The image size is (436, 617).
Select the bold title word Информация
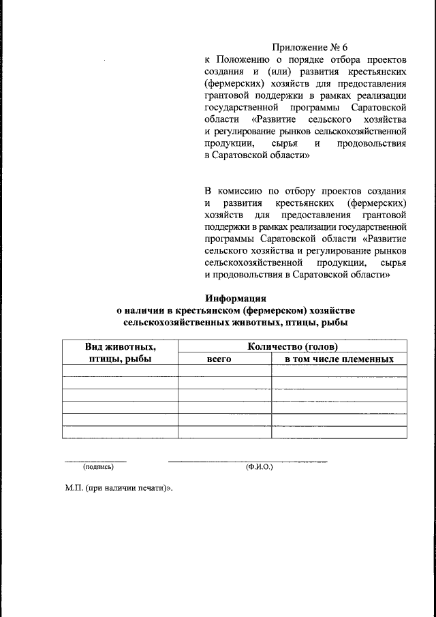235,298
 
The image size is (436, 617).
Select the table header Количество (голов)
292,347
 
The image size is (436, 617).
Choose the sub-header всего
224,359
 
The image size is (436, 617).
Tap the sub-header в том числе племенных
339,359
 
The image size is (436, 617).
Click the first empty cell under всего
224,371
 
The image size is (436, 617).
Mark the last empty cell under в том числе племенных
339,432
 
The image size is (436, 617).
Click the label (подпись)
98,467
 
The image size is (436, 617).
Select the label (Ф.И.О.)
259,467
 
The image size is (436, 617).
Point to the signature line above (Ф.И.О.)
248,461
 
